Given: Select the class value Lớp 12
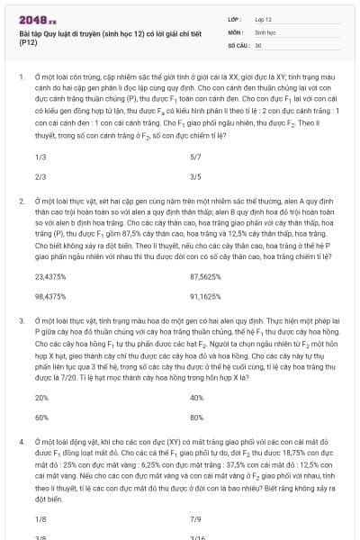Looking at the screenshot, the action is (x=263, y=18).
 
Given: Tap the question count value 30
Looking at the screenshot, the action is (x=258, y=44).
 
